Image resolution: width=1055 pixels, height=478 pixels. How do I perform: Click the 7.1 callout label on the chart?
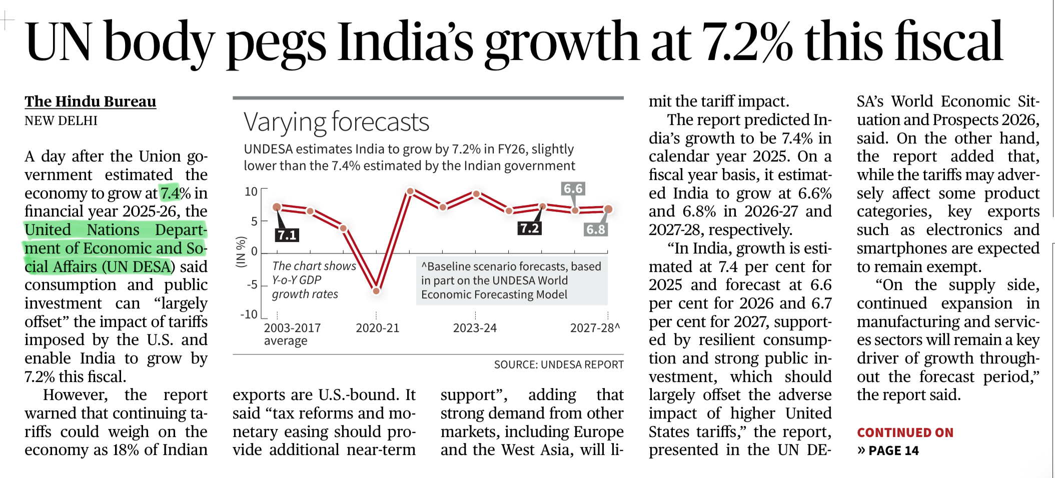click(287, 235)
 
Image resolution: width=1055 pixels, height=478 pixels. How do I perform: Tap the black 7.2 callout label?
click(529, 228)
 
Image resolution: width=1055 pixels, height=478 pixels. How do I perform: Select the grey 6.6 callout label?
click(573, 188)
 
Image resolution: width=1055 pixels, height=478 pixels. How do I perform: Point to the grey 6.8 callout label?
click(595, 229)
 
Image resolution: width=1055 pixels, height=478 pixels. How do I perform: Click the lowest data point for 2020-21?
click(376, 290)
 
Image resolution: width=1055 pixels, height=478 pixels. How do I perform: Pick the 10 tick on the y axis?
click(251, 192)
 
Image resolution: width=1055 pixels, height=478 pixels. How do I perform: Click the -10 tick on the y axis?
click(249, 314)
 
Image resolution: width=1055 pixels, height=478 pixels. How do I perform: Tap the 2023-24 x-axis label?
click(474, 328)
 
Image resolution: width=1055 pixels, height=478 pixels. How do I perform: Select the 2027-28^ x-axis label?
click(594, 328)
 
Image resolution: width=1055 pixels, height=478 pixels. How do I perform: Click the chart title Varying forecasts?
click(336, 122)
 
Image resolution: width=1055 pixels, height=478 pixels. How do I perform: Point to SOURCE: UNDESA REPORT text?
click(558, 364)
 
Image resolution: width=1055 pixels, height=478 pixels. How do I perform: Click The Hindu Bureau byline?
click(91, 101)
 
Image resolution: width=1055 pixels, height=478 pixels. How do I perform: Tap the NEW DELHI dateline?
click(61, 121)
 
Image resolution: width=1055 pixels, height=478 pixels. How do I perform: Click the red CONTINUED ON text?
click(904, 432)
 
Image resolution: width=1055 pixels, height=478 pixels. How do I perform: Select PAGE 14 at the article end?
click(893, 450)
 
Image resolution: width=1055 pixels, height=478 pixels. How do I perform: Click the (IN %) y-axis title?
click(241, 251)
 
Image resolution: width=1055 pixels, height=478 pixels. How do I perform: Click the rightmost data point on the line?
click(608, 209)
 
